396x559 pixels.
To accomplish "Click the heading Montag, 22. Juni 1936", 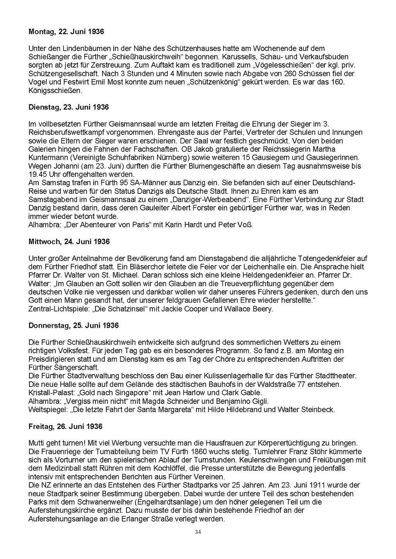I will click(x=66, y=32).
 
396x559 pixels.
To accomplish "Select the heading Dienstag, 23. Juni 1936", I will click(x=68, y=107).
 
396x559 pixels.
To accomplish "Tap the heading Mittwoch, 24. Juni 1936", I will click(x=69, y=242).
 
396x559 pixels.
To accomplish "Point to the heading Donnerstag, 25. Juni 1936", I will click(x=73, y=325).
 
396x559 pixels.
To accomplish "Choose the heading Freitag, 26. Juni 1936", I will click(x=65, y=426).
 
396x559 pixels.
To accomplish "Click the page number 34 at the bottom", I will click(x=198, y=532).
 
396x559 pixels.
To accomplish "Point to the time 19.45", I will click(x=37, y=174).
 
